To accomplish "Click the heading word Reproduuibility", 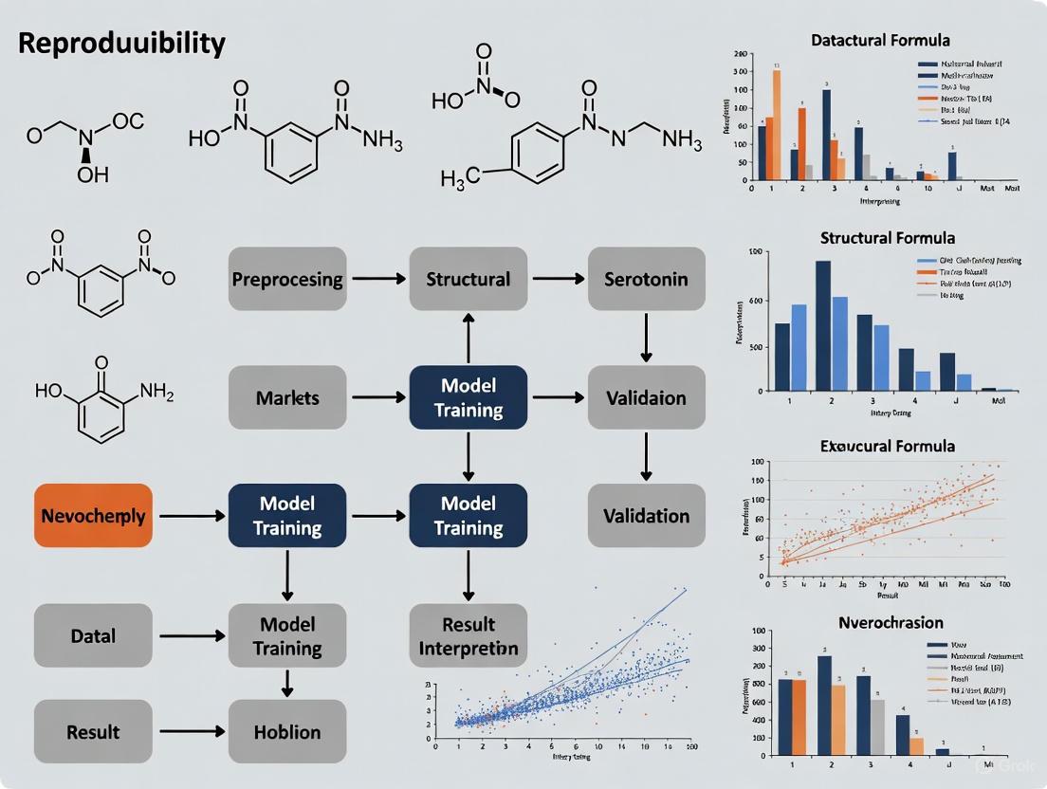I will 121,44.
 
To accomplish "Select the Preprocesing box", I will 287,279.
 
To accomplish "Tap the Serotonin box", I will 646,279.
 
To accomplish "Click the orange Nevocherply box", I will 93,516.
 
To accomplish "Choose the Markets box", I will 287,397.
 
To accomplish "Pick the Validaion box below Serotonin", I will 646,397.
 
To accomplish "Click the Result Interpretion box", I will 468,636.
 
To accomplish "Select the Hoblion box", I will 287,732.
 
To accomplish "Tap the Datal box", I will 93,635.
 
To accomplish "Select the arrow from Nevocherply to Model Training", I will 190,516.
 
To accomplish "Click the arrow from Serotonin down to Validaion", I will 646,337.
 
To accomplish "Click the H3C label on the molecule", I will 460,176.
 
